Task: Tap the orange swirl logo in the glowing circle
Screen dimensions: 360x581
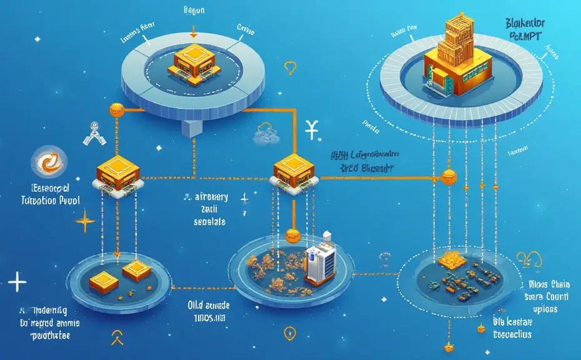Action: pos(48,163)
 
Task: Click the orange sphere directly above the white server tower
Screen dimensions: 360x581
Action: pos(293,236)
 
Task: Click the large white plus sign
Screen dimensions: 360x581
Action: pos(17,283)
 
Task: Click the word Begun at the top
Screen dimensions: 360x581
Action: pos(194,10)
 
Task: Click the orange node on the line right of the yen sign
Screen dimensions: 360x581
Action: pos(447,177)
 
